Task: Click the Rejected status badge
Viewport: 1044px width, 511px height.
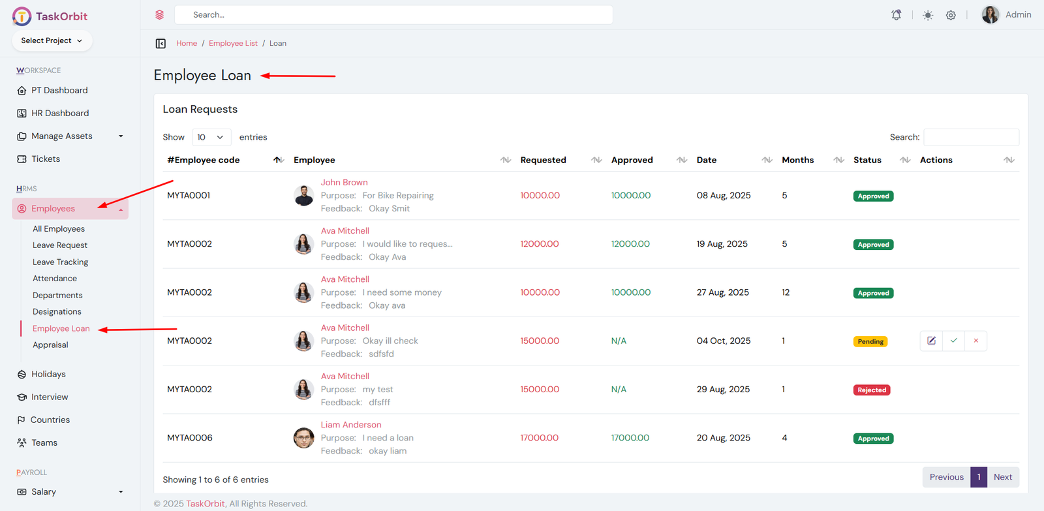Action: [872, 390]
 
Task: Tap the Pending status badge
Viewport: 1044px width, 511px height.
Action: [870, 342]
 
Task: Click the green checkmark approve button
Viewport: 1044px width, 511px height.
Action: [954, 341]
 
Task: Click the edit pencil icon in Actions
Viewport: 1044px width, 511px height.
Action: [931, 341]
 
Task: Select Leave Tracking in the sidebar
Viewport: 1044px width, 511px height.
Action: [60, 262]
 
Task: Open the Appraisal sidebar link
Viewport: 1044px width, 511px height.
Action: [50, 345]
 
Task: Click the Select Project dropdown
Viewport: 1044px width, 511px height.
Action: [52, 40]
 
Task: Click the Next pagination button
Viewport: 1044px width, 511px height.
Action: [1002, 477]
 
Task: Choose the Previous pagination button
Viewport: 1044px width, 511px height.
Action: [946, 477]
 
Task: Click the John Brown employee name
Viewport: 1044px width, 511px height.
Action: [344, 183]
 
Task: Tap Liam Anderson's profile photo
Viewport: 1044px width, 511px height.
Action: [303, 438]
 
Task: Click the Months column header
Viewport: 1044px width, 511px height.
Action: [797, 160]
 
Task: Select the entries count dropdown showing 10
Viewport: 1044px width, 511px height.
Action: [211, 137]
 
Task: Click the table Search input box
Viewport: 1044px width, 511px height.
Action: [971, 137]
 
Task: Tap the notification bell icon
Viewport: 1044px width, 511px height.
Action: [897, 15]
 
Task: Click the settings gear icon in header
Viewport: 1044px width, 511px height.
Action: [951, 15]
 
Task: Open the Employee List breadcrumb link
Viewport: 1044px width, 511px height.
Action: [233, 44]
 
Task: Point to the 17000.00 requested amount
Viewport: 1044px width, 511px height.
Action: [539, 438]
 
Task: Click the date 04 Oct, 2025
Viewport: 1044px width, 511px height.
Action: [723, 341]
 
